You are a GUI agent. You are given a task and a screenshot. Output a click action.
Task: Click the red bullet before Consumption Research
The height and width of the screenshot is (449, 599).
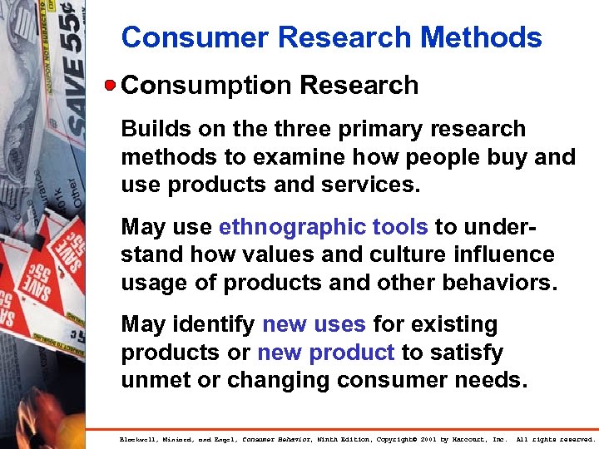click(111, 85)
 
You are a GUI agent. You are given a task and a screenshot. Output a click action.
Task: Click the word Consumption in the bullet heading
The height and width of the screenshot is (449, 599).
click(205, 85)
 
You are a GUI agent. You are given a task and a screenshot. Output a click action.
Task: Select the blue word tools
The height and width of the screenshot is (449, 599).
click(400, 226)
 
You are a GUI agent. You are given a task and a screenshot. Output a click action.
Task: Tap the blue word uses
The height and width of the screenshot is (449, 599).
click(341, 323)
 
